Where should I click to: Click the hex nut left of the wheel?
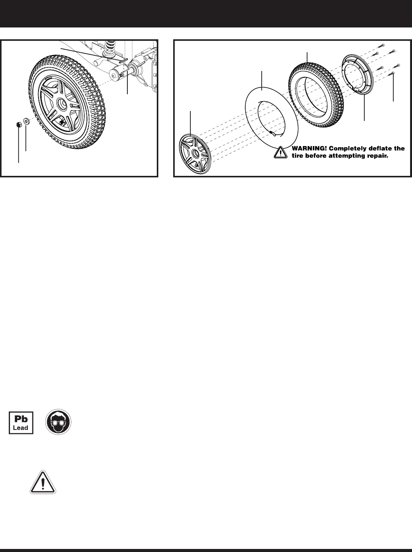point(19,124)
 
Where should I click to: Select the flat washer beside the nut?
point(26,121)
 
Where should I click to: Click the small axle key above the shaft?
point(122,60)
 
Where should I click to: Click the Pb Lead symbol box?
point(21,423)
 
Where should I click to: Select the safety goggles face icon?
point(59,423)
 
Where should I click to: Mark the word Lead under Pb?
point(21,428)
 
